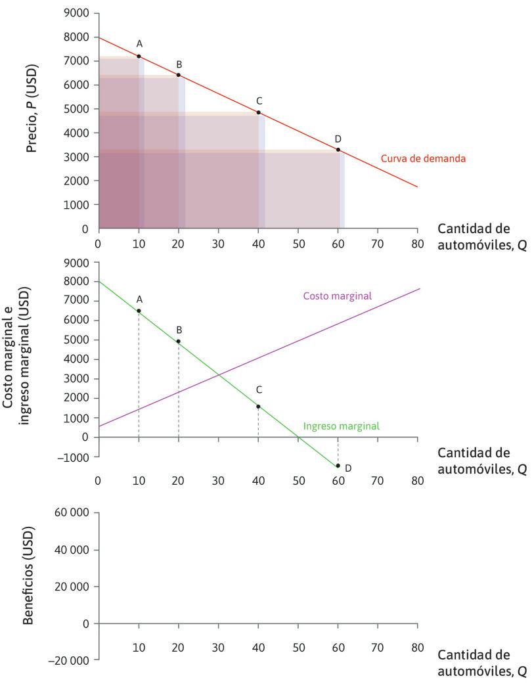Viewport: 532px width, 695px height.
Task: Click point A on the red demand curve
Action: (139, 56)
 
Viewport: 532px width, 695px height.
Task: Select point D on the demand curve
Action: (338, 150)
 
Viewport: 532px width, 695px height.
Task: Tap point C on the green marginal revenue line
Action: (258, 407)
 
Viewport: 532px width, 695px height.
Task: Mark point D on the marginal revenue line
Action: (338, 466)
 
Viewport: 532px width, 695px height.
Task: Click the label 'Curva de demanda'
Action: (424, 159)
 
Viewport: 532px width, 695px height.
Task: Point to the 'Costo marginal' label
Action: (338, 296)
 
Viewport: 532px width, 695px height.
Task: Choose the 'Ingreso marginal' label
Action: (341, 426)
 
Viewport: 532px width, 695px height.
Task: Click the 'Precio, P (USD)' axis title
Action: (32, 108)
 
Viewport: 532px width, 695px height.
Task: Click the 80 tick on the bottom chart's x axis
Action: (418, 648)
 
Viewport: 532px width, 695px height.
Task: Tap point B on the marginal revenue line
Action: (179, 342)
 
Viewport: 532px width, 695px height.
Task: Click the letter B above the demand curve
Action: (179, 64)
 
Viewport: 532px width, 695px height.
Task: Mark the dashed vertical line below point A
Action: (139, 374)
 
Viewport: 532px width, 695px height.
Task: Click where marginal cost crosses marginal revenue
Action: (218, 374)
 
